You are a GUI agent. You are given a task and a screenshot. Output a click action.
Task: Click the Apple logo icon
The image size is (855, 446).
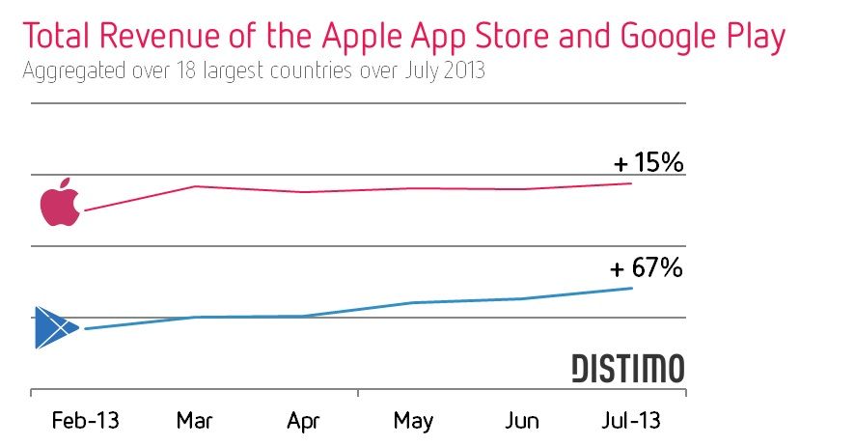59,203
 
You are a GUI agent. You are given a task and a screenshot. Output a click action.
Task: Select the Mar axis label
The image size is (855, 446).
195,421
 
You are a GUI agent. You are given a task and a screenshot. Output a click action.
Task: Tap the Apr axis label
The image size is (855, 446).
304,421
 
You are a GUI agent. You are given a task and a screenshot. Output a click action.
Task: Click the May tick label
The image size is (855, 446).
413,421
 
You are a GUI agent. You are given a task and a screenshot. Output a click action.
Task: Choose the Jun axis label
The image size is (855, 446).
522,421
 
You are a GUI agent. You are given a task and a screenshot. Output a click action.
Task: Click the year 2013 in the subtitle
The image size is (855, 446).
463,71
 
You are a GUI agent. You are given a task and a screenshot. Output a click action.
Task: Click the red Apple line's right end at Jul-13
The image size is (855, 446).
631,182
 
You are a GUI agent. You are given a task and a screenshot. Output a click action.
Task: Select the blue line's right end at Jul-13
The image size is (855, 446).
631,288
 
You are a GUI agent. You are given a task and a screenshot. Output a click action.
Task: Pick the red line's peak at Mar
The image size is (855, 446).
196,185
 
